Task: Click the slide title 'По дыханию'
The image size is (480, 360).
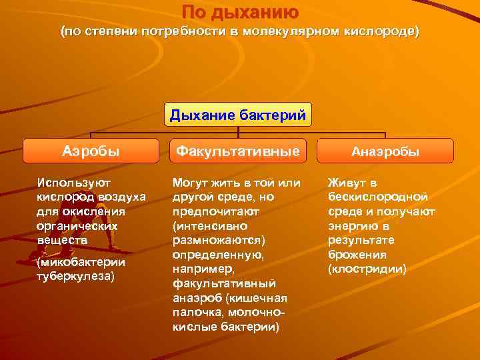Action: coord(241,12)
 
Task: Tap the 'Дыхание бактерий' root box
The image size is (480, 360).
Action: coord(238,115)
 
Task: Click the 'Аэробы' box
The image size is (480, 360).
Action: coord(91,151)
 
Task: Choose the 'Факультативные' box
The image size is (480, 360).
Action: coord(238,151)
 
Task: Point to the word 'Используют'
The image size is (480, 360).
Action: coord(75,182)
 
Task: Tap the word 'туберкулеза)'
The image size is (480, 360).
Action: coord(76,276)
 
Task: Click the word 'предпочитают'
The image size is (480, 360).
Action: coord(206,211)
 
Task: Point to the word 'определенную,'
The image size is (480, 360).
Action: coord(209,255)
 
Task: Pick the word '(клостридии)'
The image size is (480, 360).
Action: coord(367,269)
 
